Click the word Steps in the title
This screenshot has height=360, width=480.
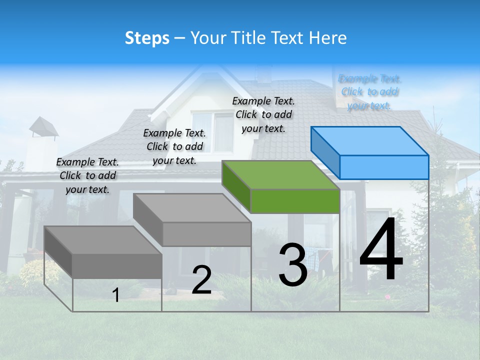coord(147,38)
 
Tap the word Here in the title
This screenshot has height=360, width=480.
coord(326,38)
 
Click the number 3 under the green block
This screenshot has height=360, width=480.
coord(292,265)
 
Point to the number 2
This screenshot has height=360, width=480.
coord(201,280)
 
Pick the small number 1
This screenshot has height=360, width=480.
coord(116,295)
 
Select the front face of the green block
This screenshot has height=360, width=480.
coord(295,201)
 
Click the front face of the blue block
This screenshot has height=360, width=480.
coord(384,167)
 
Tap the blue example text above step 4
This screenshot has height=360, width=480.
coord(370,92)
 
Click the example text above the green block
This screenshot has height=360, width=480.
coord(263,114)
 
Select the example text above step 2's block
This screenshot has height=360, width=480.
coord(174,146)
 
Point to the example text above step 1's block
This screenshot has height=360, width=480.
coord(87,175)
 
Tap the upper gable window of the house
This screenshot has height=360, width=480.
coord(212,131)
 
